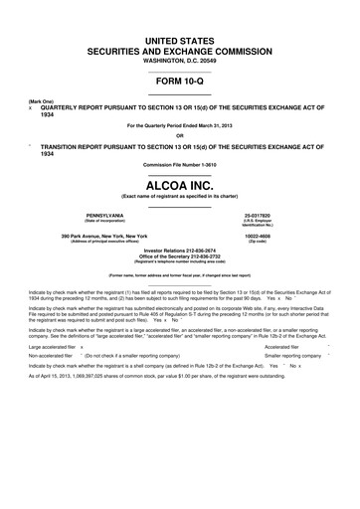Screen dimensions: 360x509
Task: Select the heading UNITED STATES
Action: coord(180,36)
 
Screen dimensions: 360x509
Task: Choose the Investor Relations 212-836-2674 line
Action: coord(180,252)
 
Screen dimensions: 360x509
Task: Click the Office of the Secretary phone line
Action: coord(180,257)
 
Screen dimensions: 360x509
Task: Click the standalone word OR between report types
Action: coord(180,136)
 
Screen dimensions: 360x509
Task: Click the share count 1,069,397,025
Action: coord(102,404)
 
